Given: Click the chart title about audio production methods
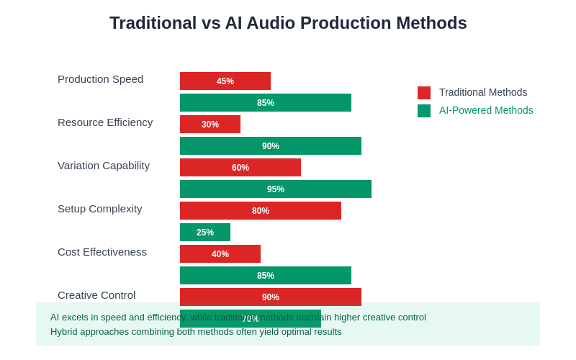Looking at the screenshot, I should click(x=288, y=23).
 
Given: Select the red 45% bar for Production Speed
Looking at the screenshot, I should click(x=225, y=81).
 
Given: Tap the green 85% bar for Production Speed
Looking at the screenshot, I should click(x=266, y=102).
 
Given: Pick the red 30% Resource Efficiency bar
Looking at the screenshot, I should click(x=210, y=124).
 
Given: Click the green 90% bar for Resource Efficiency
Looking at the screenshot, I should click(x=271, y=145).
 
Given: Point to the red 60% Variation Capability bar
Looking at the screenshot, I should click(x=240, y=167).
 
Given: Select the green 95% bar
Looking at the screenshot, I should click(x=276, y=189).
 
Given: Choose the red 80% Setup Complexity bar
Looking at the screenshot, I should click(x=261, y=210).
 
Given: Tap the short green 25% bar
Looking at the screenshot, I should click(x=205, y=232).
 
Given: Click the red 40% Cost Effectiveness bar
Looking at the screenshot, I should click(x=220, y=253).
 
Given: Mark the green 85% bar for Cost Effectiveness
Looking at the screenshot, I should click(x=266, y=275).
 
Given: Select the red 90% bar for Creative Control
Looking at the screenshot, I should click(x=271, y=297).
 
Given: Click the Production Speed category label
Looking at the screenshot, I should click(x=100, y=79).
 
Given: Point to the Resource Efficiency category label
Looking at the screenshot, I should click(x=105, y=122).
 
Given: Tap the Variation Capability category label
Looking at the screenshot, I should click(x=104, y=166).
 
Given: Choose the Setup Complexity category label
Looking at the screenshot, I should click(x=100, y=209).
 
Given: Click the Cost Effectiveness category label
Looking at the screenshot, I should click(x=102, y=252).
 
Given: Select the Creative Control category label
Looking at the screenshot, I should click(x=96, y=295).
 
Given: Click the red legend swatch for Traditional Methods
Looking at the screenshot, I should click(x=424, y=93).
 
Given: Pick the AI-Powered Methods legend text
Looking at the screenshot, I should click(x=486, y=110).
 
